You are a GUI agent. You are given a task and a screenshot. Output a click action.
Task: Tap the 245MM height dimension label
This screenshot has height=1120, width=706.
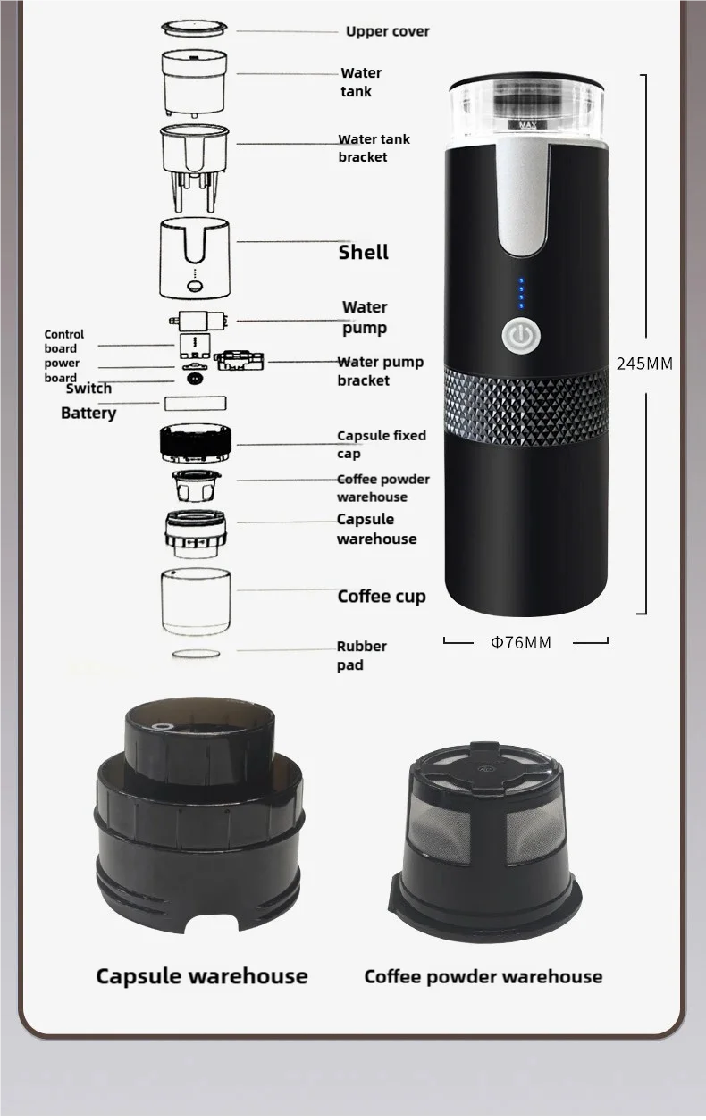pyautogui.click(x=644, y=364)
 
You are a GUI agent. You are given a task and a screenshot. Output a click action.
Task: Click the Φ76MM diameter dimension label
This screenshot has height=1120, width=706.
pyautogui.click(x=521, y=642)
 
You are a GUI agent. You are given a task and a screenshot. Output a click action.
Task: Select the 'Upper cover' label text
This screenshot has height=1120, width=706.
pyautogui.click(x=387, y=31)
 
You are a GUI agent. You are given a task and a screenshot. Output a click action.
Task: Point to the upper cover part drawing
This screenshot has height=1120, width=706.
pyautogui.click(x=194, y=29)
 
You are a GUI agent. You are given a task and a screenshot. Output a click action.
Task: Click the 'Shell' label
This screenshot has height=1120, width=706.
pyautogui.click(x=363, y=252)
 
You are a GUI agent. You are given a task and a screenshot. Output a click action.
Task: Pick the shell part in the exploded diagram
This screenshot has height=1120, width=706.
pyautogui.click(x=194, y=258)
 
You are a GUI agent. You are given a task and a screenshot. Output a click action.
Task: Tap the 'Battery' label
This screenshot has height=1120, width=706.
pyautogui.click(x=88, y=413)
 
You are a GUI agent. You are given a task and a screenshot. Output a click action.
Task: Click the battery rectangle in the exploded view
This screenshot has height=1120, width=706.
pyautogui.click(x=195, y=404)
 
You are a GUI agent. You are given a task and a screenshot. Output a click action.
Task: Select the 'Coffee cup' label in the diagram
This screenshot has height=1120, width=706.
pyautogui.click(x=381, y=596)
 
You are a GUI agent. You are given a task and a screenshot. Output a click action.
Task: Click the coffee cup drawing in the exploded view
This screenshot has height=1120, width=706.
pyautogui.click(x=196, y=602)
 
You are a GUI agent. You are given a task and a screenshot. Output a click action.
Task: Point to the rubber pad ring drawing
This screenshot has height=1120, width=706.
pyautogui.click(x=195, y=655)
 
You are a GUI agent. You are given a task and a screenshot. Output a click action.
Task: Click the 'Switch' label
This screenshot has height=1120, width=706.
pyautogui.click(x=88, y=388)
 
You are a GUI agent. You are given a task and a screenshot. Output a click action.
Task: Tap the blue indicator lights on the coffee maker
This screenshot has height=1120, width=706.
pyautogui.click(x=520, y=294)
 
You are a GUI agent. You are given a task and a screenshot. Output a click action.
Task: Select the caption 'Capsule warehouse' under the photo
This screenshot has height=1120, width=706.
pyautogui.click(x=201, y=976)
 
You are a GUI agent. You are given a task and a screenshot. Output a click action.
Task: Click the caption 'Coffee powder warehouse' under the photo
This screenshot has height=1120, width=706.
pyautogui.click(x=483, y=976)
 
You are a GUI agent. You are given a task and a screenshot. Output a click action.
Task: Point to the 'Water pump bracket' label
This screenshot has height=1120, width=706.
pyautogui.click(x=380, y=371)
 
